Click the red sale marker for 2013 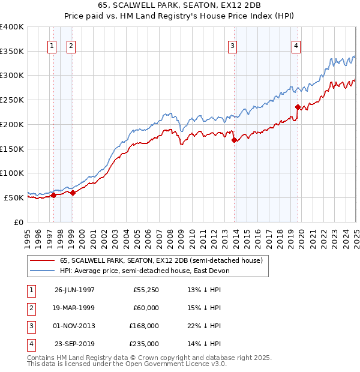(x=234, y=140)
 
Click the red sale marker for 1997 (x=54, y=194)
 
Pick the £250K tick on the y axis (x=12, y=100)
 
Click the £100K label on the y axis (x=12, y=173)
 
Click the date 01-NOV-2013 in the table (x=74, y=326)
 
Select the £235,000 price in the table (x=146, y=344)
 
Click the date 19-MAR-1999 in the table (x=74, y=308)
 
